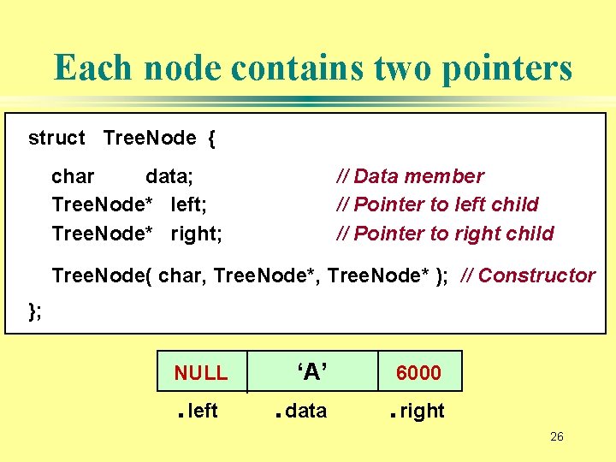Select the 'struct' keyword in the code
click(56, 139)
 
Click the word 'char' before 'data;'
click(73, 176)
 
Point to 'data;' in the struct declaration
click(169, 176)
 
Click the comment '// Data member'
click(410, 176)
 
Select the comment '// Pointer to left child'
click(437, 204)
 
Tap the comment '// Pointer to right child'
click(445, 234)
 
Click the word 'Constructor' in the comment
click(536, 275)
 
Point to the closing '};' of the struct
click(35, 311)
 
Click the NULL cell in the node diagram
click(201, 373)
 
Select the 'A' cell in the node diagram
click(311, 371)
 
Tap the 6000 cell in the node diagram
click(418, 373)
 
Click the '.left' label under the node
click(198, 412)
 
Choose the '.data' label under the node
click(300, 412)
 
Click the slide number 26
click(556, 437)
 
